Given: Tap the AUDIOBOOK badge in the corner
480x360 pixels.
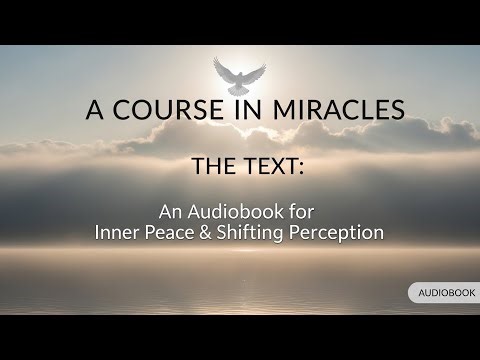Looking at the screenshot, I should (444, 292).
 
